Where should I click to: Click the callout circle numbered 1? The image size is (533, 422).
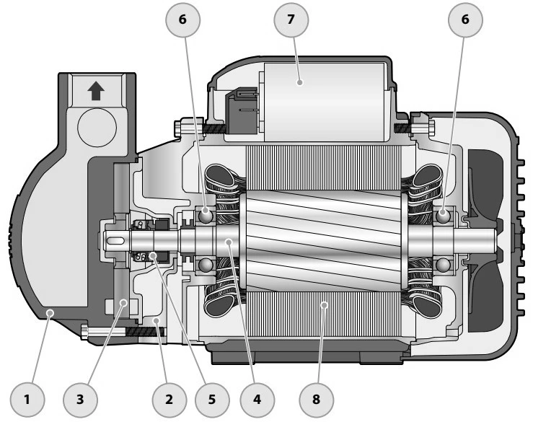pyautogui.click(x=27, y=400)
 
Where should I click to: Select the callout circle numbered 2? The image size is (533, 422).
pyautogui.click(x=169, y=400)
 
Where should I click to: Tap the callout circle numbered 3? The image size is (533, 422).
pyautogui.click(x=80, y=400)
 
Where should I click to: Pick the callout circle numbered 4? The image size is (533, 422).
pyautogui.click(x=257, y=400)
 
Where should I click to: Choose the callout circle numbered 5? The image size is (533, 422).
pyautogui.click(x=212, y=400)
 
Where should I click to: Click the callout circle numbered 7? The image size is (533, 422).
pyautogui.click(x=291, y=19)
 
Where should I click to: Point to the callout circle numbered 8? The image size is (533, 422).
pyautogui.click(x=316, y=400)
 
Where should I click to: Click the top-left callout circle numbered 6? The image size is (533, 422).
pyautogui.click(x=183, y=19)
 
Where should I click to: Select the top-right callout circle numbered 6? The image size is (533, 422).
pyautogui.click(x=465, y=19)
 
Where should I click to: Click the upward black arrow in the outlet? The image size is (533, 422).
pyautogui.click(x=96, y=91)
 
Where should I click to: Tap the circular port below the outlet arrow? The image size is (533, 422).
pyautogui.click(x=97, y=128)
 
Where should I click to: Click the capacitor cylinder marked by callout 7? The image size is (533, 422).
pyautogui.click(x=324, y=102)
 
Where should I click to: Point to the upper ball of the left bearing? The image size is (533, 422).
pyautogui.click(x=206, y=215)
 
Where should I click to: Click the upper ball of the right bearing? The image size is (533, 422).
pyautogui.click(x=443, y=216)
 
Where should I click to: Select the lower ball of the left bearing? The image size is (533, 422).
pyautogui.click(x=206, y=264)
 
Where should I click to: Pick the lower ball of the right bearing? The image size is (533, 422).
pyautogui.click(x=443, y=265)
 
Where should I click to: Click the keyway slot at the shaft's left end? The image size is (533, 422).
pyautogui.click(x=115, y=241)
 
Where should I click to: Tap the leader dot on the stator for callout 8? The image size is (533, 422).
pyautogui.click(x=325, y=305)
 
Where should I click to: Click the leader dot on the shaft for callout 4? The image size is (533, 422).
pyautogui.click(x=229, y=242)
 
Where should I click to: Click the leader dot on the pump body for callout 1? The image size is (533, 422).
pyautogui.click(x=50, y=312)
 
